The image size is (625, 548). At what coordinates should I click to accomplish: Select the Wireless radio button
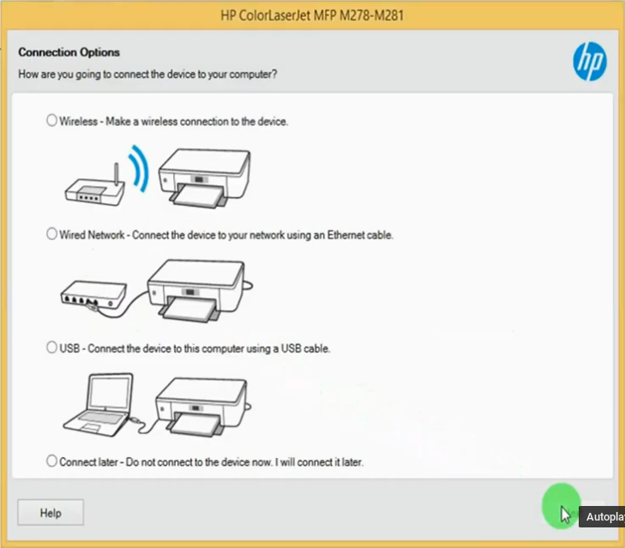[51, 120]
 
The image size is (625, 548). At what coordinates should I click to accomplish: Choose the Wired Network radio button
[51, 234]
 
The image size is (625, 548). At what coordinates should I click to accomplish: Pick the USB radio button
[51, 347]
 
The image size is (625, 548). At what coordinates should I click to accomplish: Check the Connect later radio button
[51, 461]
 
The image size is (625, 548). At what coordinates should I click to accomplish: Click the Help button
[51, 513]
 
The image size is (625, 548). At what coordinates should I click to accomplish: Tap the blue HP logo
[590, 62]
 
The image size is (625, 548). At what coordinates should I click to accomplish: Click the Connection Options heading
[69, 52]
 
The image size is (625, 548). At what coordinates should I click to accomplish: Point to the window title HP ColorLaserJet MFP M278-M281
[312, 15]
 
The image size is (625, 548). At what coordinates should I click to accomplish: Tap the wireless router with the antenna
[95, 187]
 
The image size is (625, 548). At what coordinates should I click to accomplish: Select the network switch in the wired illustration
[94, 296]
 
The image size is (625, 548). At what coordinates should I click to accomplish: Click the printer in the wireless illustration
[204, 178]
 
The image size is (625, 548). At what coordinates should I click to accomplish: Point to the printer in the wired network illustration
[198, 291]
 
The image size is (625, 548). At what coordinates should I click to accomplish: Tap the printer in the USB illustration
[202, 406]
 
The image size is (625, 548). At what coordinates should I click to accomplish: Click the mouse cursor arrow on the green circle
[565, 515]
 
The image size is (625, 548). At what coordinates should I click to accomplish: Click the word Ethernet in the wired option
[346, 235]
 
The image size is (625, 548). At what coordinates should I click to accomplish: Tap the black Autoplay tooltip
[602, 516]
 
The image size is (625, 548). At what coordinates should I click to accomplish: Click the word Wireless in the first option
[79, 121]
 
